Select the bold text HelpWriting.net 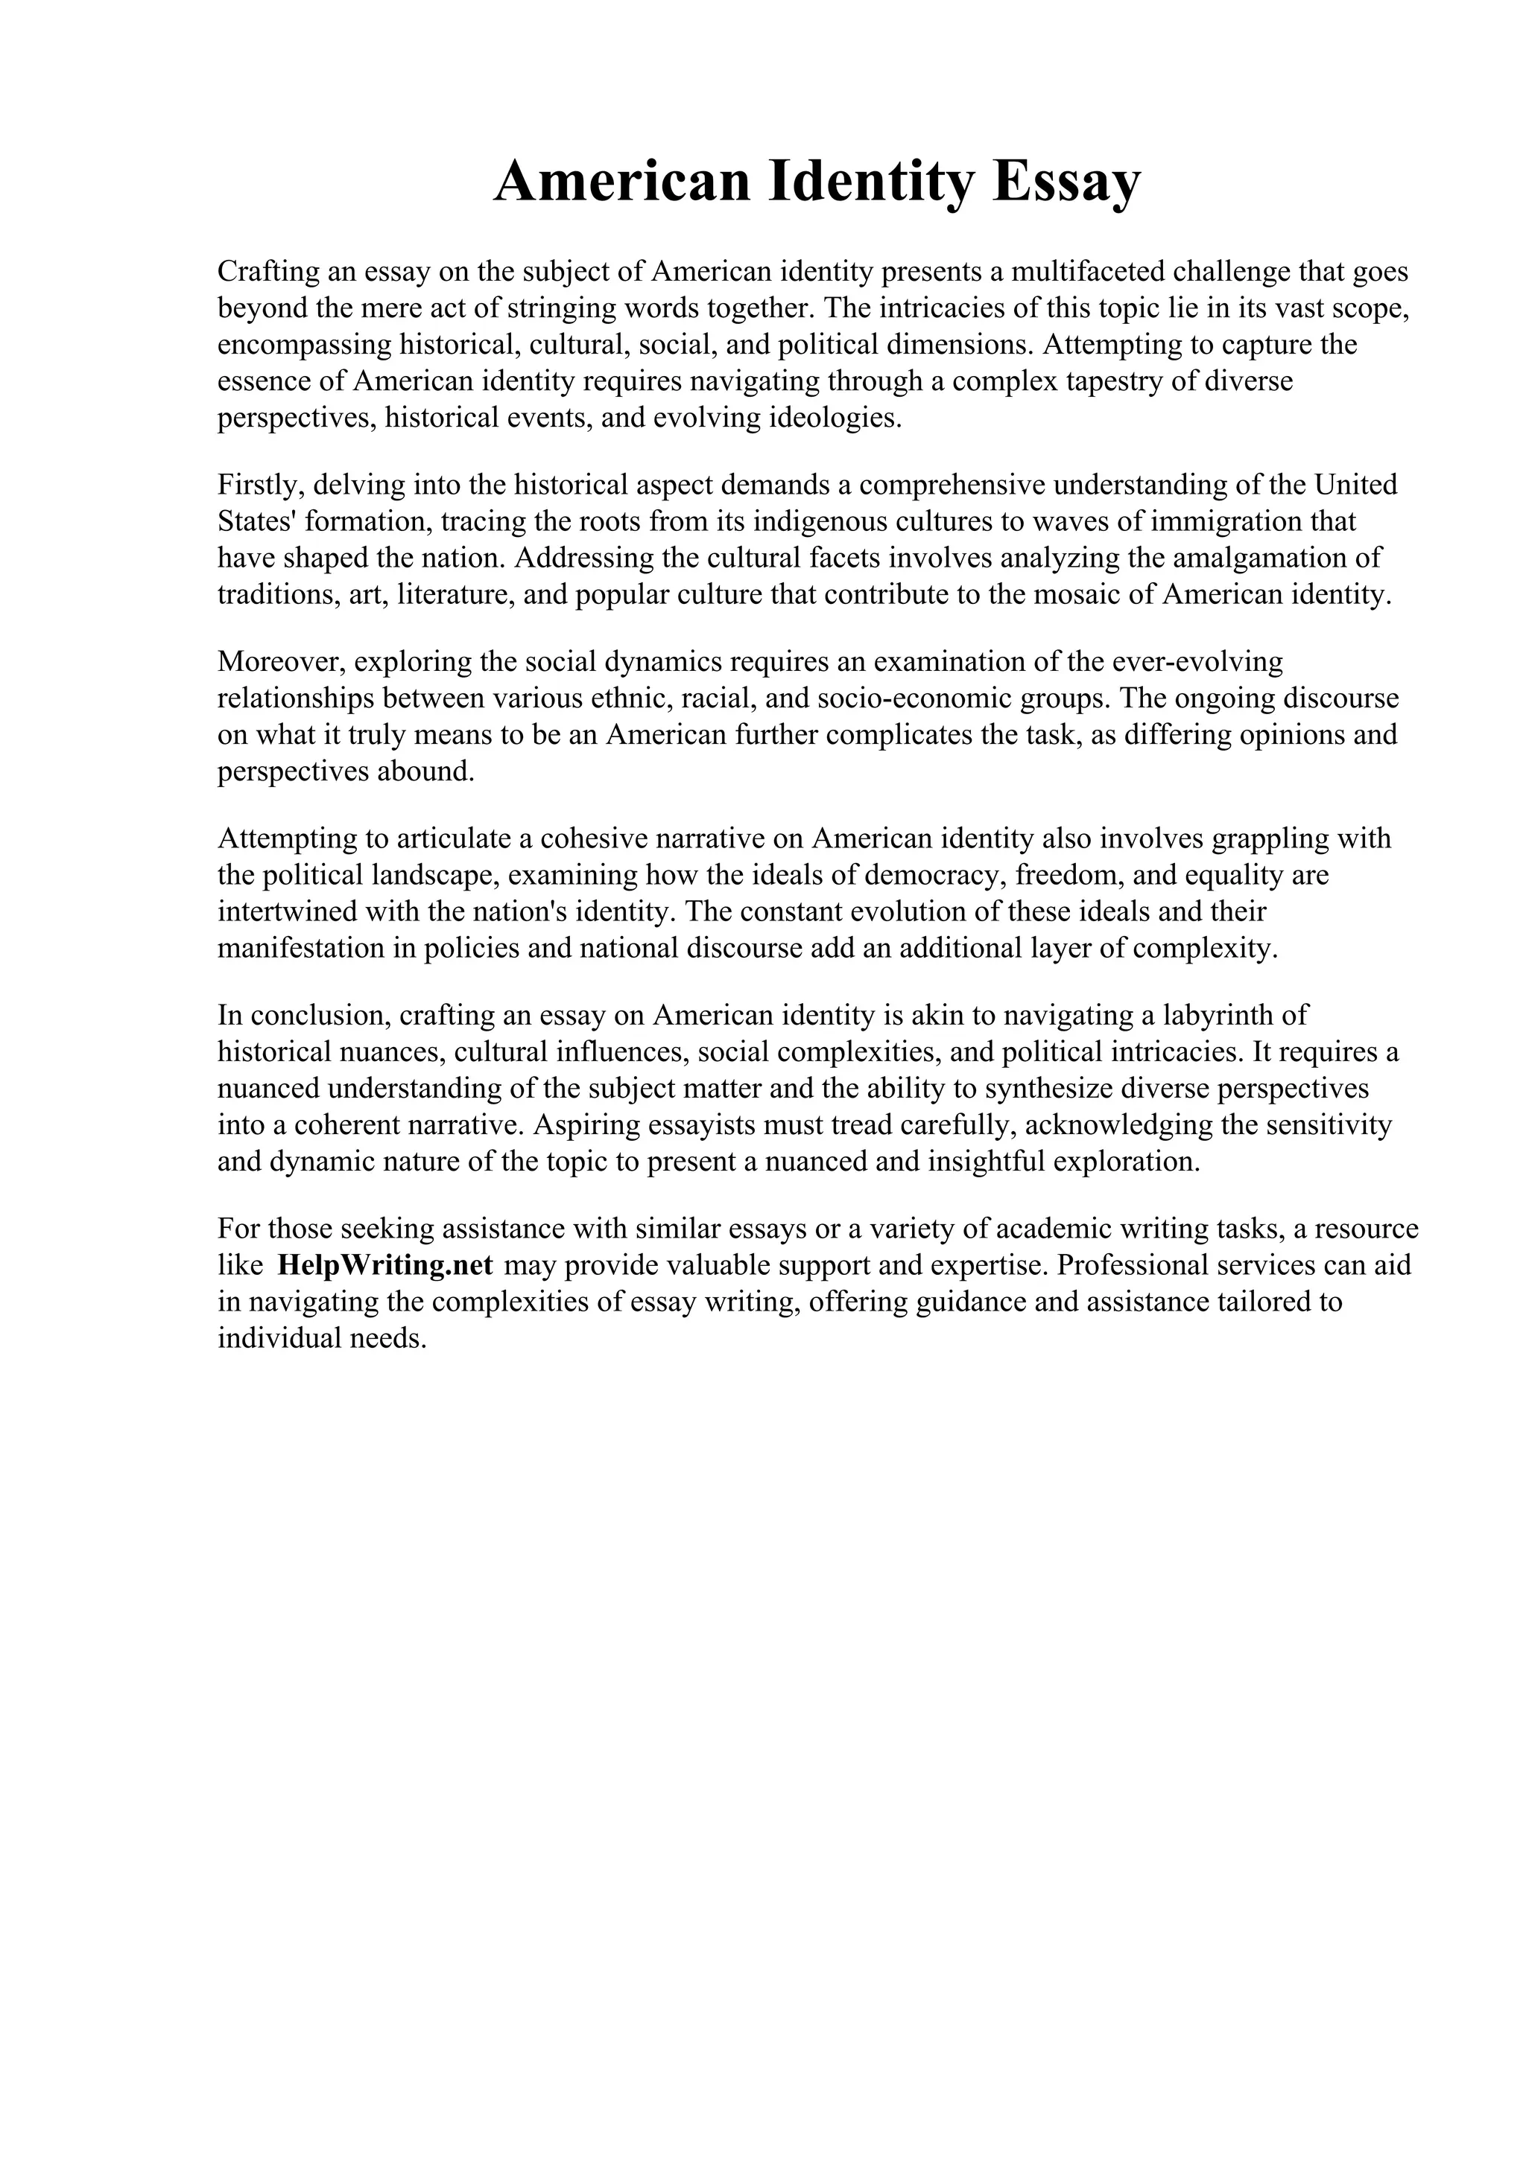(385, 1265)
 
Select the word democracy (937, 875)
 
